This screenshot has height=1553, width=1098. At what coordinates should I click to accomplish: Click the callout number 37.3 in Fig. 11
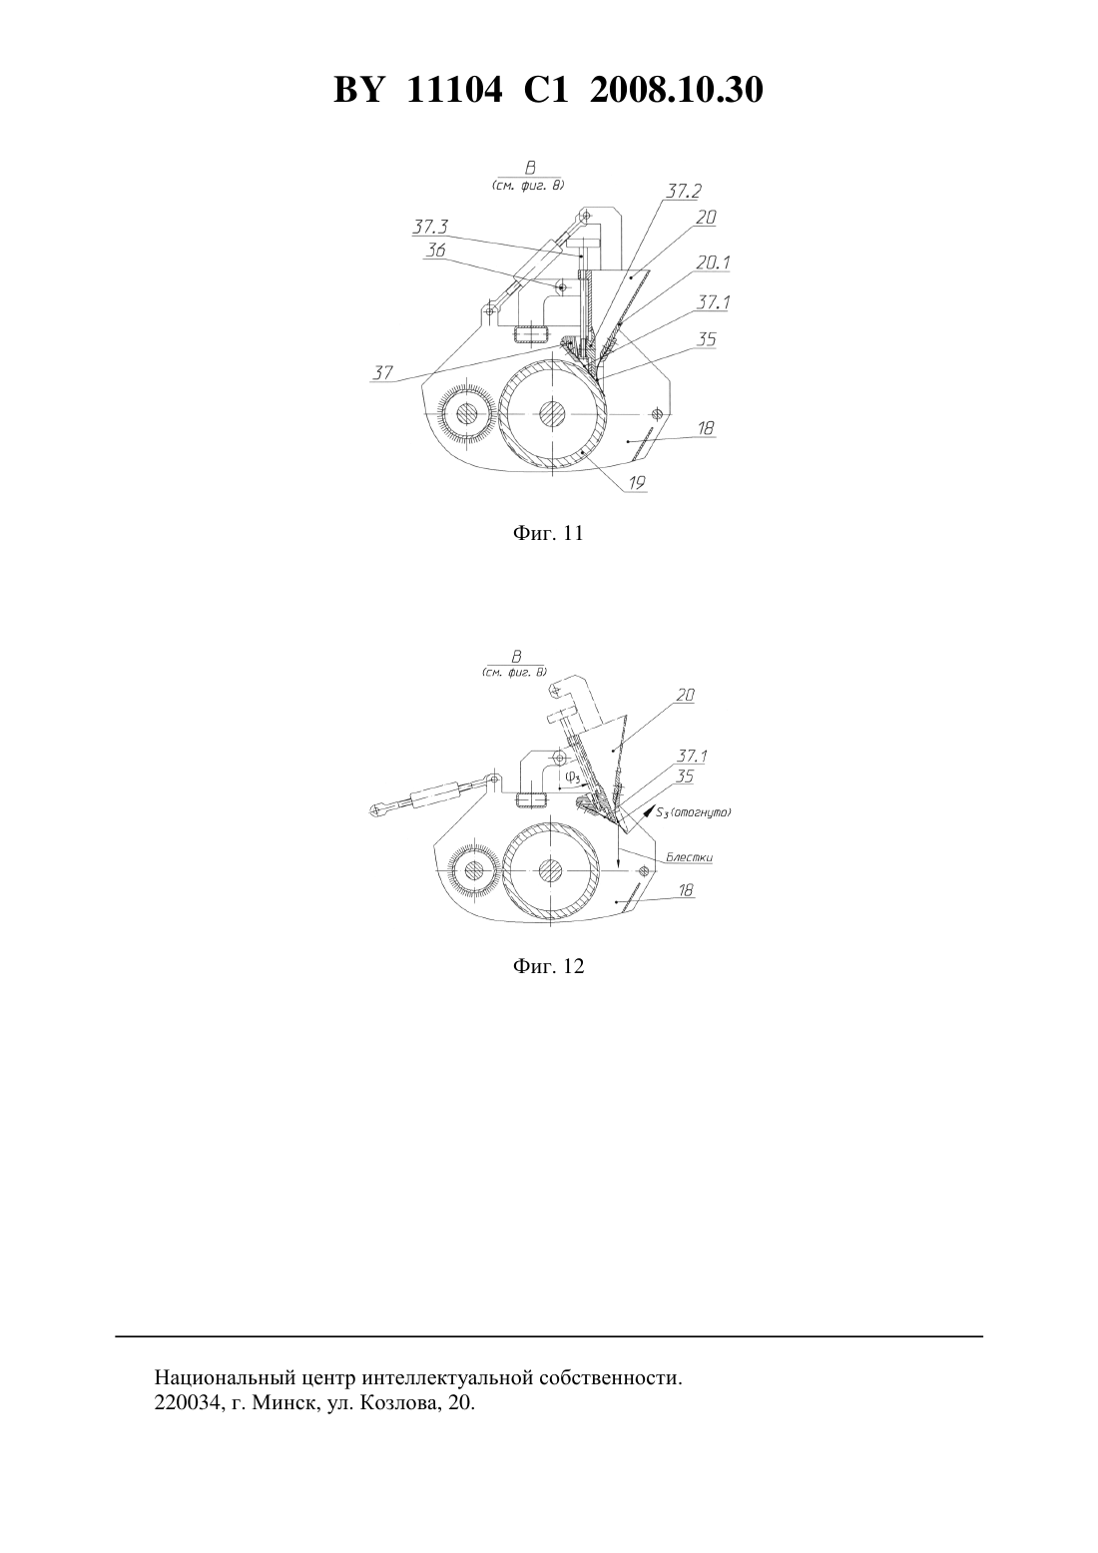pos(430,227)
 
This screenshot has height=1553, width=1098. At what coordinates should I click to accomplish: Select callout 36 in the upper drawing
pos(435,251)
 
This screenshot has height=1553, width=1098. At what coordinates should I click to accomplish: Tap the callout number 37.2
pos(683,191)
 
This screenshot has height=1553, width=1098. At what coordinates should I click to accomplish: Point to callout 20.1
pos(714,262)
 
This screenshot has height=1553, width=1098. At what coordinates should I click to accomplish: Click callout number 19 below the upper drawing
pos(637,482)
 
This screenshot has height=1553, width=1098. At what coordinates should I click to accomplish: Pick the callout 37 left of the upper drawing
pos(383,372)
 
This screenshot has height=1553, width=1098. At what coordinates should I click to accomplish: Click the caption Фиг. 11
pos(548,533)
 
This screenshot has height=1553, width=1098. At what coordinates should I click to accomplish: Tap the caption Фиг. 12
pos(548,966)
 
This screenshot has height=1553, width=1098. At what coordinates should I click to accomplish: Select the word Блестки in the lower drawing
pos(689,857)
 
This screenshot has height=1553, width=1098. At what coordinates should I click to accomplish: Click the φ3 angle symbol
pos(573,776)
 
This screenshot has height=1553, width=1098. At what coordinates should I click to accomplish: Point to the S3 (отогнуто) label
pos(693,811)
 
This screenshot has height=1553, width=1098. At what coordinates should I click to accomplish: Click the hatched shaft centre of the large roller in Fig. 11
pos(552,414)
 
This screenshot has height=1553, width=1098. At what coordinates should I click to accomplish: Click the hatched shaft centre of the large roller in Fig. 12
pos(551,870)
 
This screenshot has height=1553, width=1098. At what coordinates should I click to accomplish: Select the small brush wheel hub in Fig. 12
pos(475,870)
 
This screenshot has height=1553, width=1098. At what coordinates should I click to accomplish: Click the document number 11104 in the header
pos(454,90)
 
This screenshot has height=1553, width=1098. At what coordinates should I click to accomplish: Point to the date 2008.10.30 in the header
pos(677,90)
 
